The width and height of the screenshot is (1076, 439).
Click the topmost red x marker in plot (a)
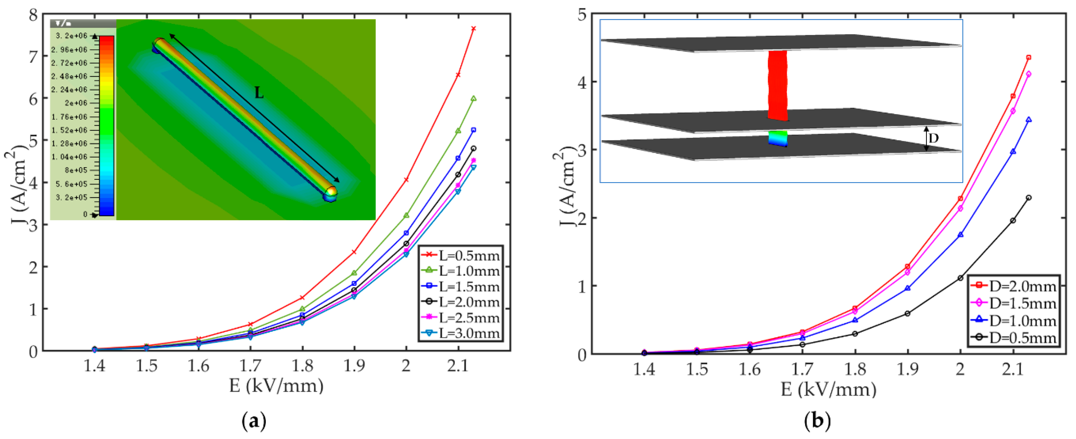(473, 28)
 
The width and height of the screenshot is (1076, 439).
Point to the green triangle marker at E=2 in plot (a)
(406, 215)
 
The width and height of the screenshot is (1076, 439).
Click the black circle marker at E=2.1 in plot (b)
(1013, 221)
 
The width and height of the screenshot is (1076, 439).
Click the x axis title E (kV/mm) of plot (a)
(276, 385)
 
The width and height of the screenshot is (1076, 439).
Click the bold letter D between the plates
(933, 138)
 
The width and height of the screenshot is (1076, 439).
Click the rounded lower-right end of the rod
(330, 193)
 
